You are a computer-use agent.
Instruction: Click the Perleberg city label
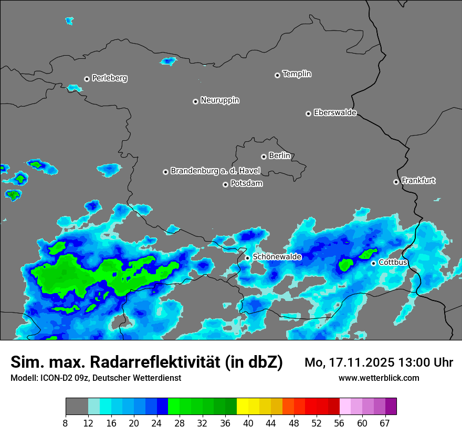click(x=109, y=78)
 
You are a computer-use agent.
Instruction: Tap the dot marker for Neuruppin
click(x=195, y=101)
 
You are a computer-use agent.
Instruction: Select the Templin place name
click(x=297, y=74)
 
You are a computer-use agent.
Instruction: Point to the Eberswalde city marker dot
click(x=309, y=113)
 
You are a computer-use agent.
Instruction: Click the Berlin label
click(x=279, y=156)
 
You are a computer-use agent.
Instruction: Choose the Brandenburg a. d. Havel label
click(x=215, y=171)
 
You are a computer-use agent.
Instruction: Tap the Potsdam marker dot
click(x=226, y=184)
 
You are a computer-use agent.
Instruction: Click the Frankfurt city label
click(x=418, y=181)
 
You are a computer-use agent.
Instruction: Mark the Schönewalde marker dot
click(x=248, y=258)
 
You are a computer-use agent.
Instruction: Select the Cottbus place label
click(x=393, y=263)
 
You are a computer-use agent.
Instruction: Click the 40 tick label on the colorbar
click(x=248, y=423)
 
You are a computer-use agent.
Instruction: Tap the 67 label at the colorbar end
click(x=385, y=423)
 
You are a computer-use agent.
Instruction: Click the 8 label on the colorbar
click(x=66, y=423)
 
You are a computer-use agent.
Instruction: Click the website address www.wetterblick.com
click(x=379, y=378)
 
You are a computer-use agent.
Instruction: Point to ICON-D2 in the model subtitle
click(x=55, y=378)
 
